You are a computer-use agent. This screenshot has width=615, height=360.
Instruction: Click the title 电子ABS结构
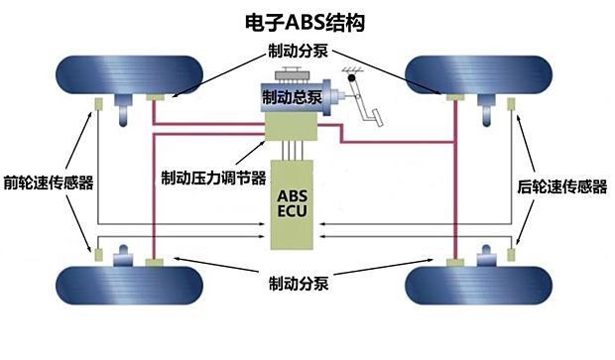point(308,20)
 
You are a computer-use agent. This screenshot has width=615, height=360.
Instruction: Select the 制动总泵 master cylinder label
point(290,98)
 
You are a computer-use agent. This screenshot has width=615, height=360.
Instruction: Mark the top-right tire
point(475,71)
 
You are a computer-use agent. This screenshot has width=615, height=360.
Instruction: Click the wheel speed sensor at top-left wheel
point(99,105)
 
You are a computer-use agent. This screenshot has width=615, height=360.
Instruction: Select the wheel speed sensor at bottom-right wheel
point(511,255)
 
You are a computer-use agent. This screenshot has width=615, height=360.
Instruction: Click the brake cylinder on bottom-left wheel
point(155,263)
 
